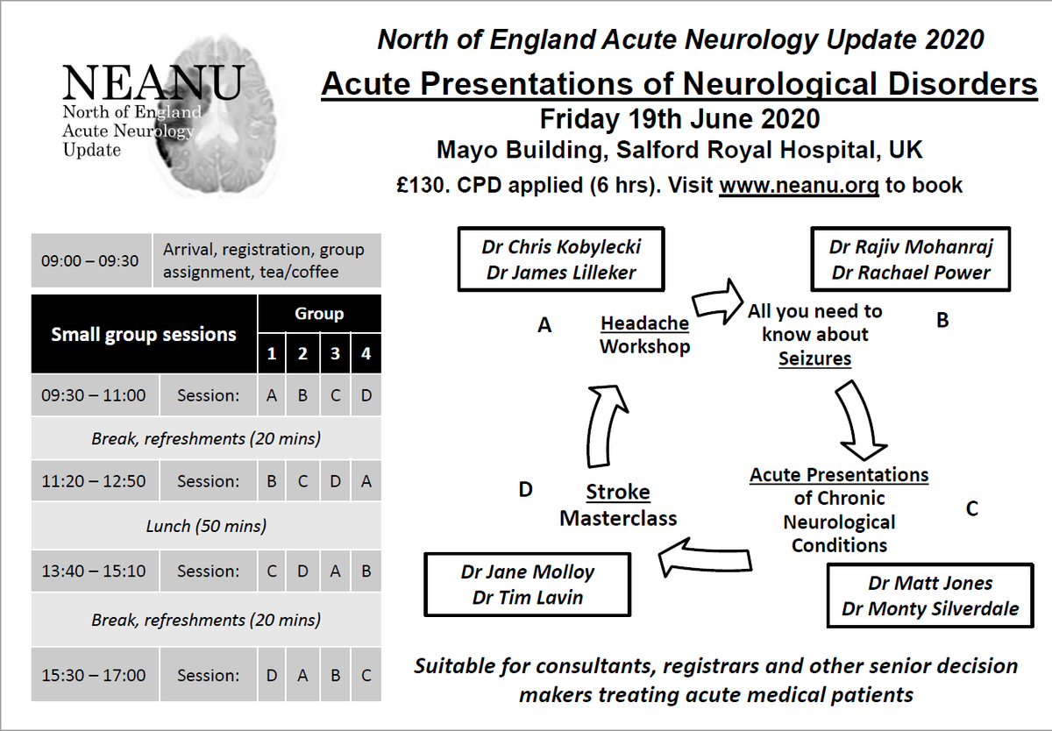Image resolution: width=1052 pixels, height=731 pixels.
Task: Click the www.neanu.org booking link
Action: [x=799, y=186]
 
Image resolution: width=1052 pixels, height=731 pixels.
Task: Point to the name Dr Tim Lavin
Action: [x=528, y=598]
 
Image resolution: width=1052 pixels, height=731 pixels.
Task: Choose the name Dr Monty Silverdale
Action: [x=929, y=609]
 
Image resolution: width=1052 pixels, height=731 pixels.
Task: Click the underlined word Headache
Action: [x=644, y=323]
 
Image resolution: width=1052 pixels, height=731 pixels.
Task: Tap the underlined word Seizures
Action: [x=814, y=358]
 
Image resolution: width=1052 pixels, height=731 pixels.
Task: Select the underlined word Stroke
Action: [x=618, y=492]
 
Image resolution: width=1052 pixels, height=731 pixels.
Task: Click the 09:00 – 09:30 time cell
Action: [x=89, y=260]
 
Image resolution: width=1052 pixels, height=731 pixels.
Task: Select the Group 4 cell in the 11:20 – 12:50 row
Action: [x=366, y=481]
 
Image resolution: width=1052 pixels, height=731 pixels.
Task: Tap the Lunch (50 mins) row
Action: [x=206, y=526]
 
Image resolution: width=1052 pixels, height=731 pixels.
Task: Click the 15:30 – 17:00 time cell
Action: [x=93, y=676]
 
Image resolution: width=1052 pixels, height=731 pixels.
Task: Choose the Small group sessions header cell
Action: [x=144, y=334]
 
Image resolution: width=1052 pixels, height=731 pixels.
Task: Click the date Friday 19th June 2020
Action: [x=679, y=118]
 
